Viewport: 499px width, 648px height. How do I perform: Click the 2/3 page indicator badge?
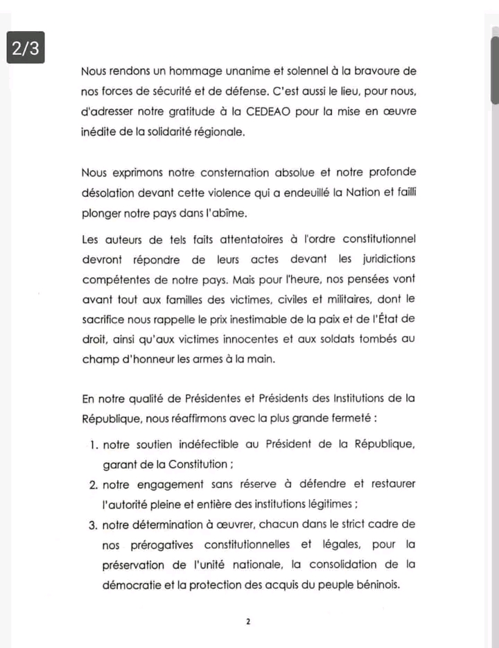click(26, 49)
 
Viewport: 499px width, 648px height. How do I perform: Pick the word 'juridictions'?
click(385, 260)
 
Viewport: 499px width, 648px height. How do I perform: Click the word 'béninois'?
click(380, 586)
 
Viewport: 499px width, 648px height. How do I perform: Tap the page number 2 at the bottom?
click(248, 622)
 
